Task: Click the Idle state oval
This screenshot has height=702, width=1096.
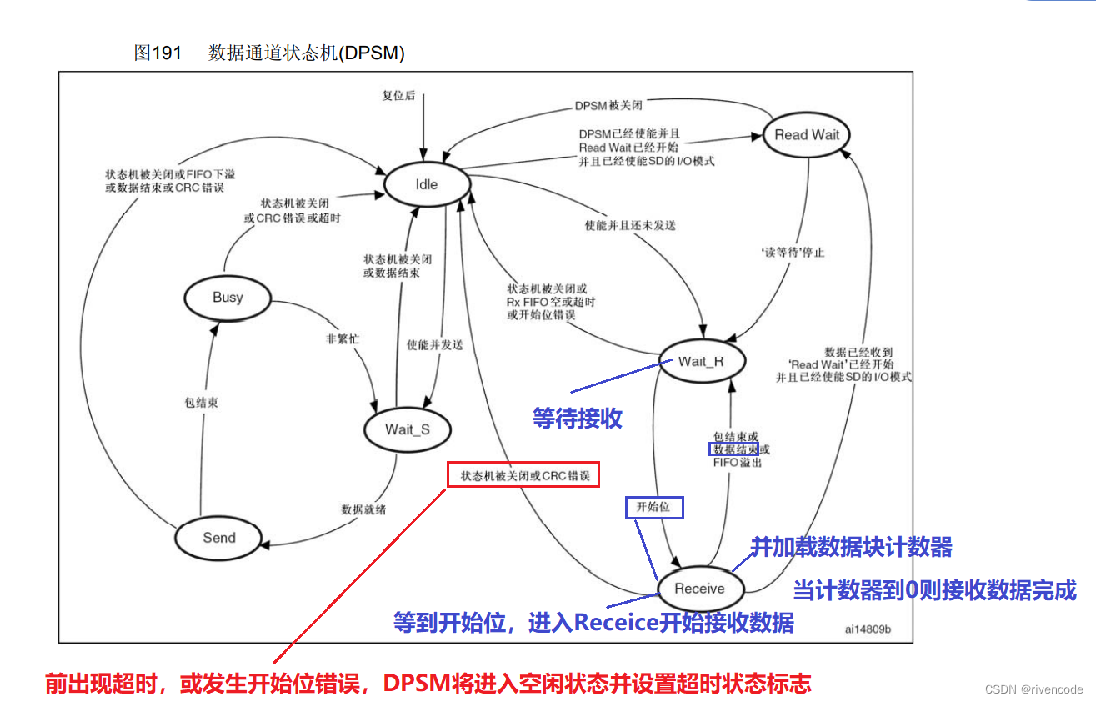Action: tap(426, 184)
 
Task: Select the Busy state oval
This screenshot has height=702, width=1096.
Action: tap(228, 298)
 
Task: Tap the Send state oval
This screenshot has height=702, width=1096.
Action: tap(219, 538)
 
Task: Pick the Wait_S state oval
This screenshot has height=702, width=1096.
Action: tap(407, 429)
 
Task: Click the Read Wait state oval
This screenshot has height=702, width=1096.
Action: tap(806, 135)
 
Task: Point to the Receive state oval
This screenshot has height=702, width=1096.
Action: tap(699, 589)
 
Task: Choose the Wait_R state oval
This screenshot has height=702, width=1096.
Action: tap(701, 361)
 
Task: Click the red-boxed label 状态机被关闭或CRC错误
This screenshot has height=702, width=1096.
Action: tap(524, 475)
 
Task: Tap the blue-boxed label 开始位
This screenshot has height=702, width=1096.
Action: tap(653, 507)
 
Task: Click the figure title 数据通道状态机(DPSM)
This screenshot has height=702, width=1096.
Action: tap(306, 53)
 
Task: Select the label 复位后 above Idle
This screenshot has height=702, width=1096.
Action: tap(398, 96)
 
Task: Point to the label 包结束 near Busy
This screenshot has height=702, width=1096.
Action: tap(201, 403)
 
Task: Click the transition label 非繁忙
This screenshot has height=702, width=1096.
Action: tap(342, 339)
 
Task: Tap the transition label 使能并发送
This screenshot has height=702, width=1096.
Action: tap(434, 344)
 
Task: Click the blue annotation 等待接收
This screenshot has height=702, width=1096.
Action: tap(578, 418)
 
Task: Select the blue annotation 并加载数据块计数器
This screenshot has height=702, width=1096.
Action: tap(851, 548)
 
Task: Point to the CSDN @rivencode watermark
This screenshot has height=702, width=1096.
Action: tap(1033, 689)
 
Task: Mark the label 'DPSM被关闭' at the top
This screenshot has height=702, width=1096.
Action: tap(608, 106)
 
